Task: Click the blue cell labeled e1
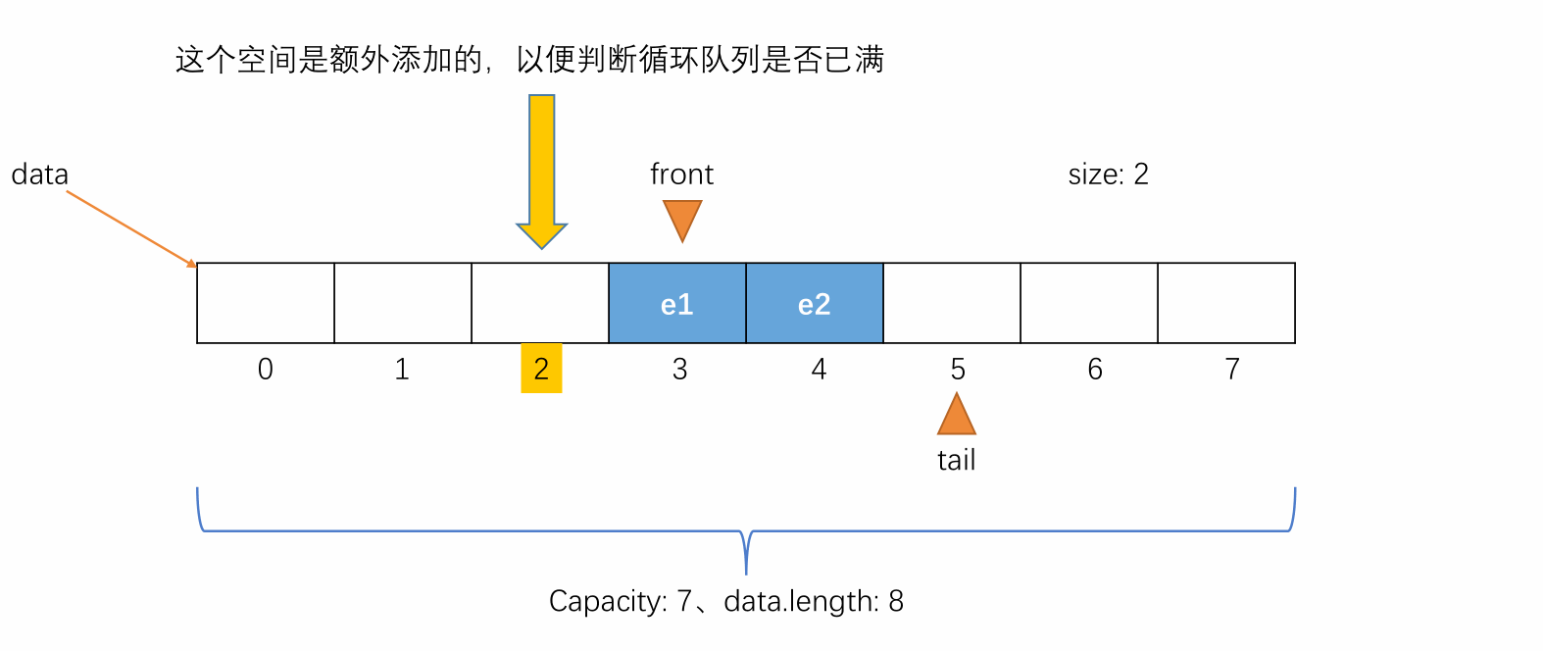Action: [677, 303]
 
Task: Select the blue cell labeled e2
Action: [815, 303]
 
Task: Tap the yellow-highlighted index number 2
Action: [541, 369]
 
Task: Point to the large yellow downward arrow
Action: [541, 172]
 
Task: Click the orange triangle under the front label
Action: [682, 219]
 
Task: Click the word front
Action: [682, 175]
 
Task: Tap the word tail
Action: [956, 460]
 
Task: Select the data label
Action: [40, 175]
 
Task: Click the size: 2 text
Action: [1109, 175]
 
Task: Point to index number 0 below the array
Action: [266, 370]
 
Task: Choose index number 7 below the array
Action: [1232, 370]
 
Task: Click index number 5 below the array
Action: [958, 370]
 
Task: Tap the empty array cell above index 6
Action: [1089, 303]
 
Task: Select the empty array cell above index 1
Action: [403, 303]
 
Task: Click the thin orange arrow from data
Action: [131, 228]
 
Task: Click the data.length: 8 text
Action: [814, 601]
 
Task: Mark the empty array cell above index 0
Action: [266, 303]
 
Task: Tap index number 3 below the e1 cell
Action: [680, 370]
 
